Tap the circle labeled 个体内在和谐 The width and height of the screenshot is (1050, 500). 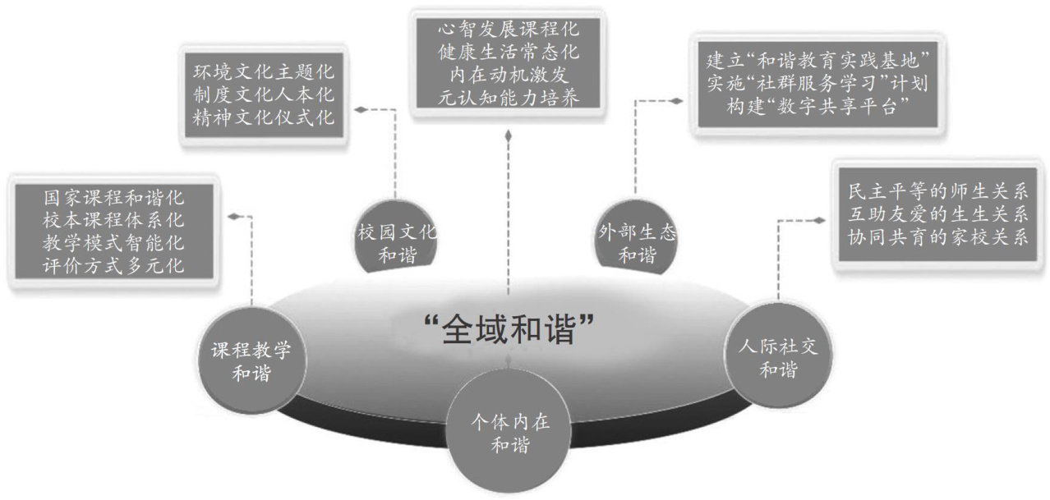(509, 435)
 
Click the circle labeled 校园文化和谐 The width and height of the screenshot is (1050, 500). (398, 242)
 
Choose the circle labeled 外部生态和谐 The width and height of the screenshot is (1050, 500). (638, 243)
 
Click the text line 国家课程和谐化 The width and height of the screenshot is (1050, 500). (115, 198)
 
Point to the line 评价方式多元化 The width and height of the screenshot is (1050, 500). (115, 266)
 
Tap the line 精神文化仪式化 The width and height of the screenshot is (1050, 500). (259, 116)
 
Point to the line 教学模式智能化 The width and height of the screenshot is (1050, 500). (115, 243)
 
